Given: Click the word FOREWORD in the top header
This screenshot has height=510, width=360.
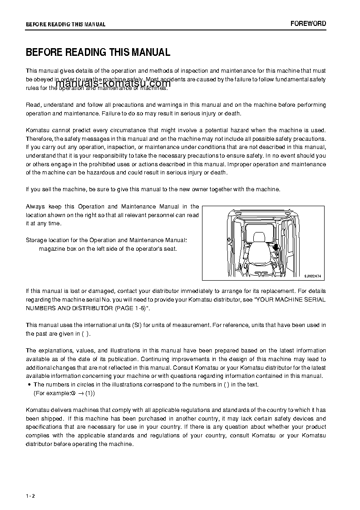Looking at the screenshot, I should click(308, 24).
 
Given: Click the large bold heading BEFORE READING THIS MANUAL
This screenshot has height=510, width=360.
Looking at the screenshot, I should click(98, 52).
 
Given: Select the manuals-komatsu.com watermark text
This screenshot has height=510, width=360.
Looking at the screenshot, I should click(107, 83).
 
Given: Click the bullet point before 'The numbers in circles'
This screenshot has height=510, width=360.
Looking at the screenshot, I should click(29, 385).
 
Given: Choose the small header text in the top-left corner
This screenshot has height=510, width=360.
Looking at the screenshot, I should click(65, 25).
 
